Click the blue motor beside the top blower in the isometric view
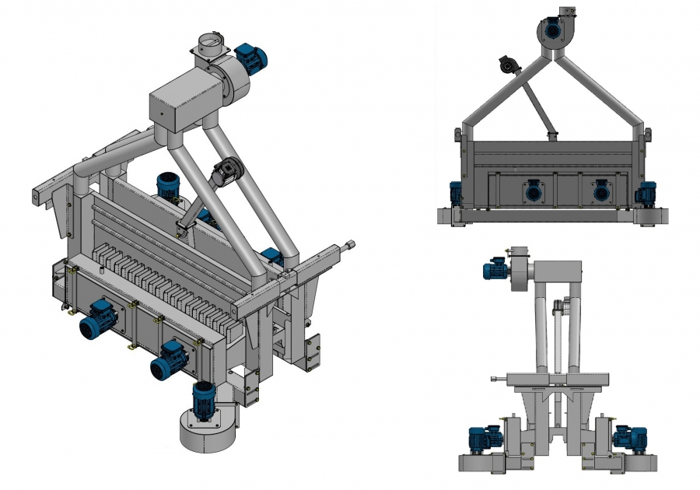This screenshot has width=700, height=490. (250, 56)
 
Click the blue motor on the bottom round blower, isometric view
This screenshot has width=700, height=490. (203, 398)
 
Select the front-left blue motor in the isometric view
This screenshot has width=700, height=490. (98, 318)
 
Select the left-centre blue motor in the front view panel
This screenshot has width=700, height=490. (533, 191)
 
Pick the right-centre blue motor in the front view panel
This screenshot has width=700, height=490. (600, 191)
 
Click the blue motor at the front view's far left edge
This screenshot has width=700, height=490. (455, 193)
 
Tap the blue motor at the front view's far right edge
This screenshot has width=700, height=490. (647, 193)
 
